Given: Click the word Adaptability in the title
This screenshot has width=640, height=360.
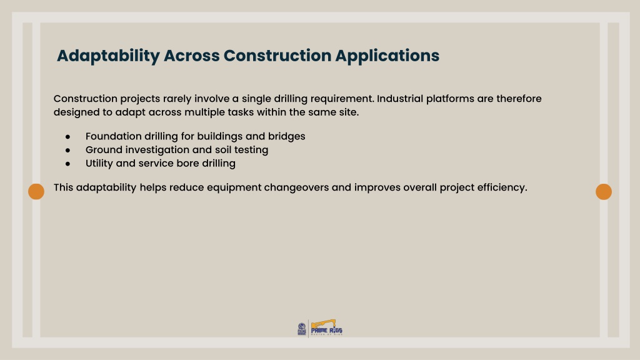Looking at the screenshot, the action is tap(108, 56).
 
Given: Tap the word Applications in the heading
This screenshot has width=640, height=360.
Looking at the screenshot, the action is tap(387, 56).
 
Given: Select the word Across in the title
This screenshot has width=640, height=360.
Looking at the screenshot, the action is tap(191, 56).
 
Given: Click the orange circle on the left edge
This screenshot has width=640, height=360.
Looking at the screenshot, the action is tap(36, 191).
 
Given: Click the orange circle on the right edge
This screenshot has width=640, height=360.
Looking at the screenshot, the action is tap(604, 191).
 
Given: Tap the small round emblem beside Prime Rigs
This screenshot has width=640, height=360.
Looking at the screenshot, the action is tap(302, 329).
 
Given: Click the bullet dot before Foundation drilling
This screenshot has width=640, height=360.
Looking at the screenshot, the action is tap(67, 137).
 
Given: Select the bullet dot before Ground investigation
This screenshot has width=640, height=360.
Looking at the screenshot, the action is tap(67, 150).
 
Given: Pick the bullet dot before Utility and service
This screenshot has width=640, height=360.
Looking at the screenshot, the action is tap(67, 164).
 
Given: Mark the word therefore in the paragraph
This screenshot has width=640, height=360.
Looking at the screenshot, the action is tap(519, 99).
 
